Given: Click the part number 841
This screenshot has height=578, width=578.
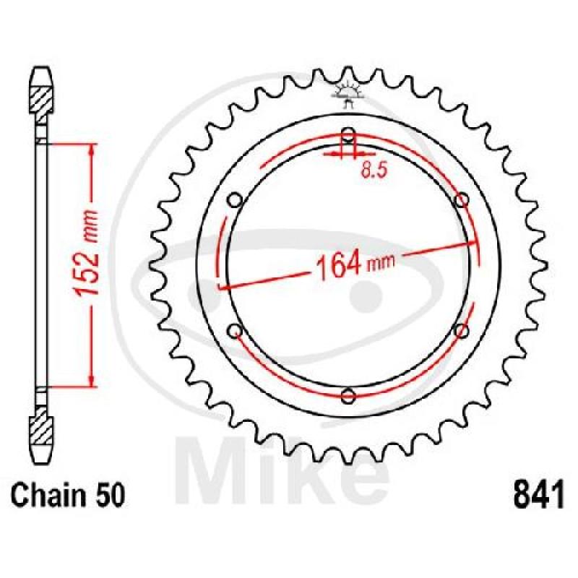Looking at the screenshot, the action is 538,494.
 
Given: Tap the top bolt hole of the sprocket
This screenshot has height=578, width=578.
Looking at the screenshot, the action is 348,135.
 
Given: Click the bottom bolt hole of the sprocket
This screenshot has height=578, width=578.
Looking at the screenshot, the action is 348,396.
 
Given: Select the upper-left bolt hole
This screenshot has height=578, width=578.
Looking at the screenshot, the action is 235,201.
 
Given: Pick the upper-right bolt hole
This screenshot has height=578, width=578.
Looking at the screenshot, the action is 461,201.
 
